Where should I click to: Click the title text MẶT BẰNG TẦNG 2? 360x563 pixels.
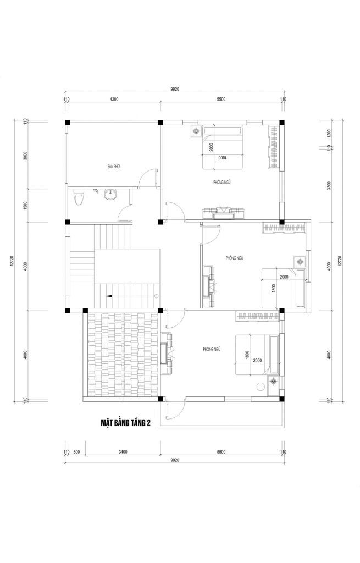click(125, 422)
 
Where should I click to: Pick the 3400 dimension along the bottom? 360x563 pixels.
click(123, 452)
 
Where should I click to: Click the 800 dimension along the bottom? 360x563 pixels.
click(76, 452)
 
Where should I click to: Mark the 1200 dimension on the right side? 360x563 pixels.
click(329, 133)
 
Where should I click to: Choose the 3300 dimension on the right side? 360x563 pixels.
click(329, 185)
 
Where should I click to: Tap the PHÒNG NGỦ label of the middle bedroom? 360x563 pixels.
click(234, 257)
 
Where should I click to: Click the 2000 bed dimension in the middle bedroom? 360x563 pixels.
click(284, 277)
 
